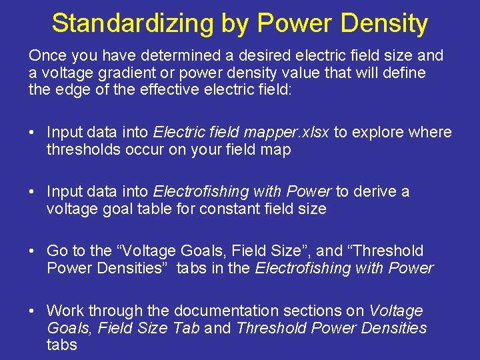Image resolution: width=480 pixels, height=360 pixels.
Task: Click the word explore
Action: point(375,133)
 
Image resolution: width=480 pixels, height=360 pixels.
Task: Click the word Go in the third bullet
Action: point(56,251)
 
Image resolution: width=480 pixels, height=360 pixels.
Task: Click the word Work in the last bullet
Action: point(65,311)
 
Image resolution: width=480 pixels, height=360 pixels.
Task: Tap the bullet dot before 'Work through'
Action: point(32,311)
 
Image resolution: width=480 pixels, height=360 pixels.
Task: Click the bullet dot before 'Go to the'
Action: point(32,251)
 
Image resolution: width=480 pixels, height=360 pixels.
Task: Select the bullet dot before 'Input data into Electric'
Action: point(32,133)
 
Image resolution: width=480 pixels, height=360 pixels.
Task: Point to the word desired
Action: point(241,56)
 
